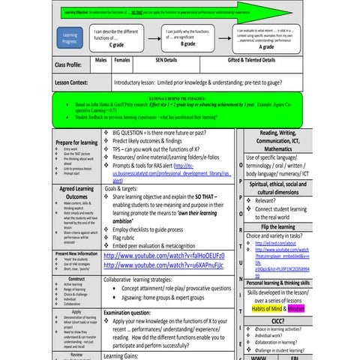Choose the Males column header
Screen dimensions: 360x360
[101, 58]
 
